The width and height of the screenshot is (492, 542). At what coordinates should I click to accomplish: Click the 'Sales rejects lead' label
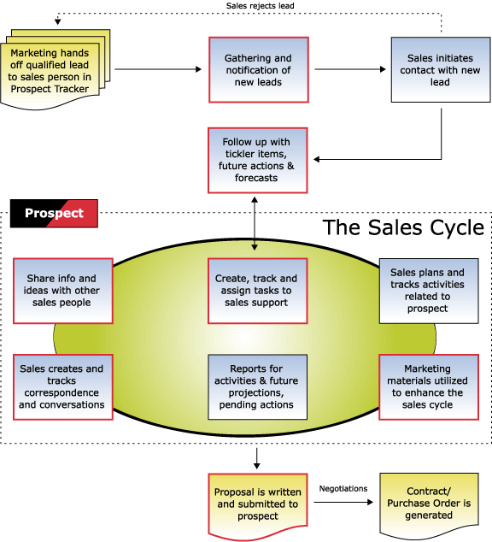tap(260, 6)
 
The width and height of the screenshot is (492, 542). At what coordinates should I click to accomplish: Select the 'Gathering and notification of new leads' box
tap(259, 70)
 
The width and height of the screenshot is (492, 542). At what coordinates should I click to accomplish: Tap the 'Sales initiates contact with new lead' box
tap(441, 70)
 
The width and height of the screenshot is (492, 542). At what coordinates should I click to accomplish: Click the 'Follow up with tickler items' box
tap(258, 161)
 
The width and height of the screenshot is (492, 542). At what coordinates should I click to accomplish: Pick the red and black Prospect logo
tap(54, 213)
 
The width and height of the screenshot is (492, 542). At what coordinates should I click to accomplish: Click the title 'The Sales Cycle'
tap(403, 227)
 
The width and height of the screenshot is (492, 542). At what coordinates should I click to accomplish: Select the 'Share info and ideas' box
tap(63, 291)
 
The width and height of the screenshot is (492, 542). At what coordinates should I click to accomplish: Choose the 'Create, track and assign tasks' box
tap(258, 291)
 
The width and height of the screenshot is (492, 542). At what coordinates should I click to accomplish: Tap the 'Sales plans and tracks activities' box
tap(429, 291)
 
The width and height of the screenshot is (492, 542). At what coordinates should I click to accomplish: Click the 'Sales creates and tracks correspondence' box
tap(63, 387)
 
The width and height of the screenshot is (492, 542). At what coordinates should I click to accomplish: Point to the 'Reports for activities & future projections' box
tap(258, 387)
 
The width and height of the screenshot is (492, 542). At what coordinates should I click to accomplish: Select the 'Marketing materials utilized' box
tap(429, 387)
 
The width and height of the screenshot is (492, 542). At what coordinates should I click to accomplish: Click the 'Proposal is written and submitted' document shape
tap(258, 504)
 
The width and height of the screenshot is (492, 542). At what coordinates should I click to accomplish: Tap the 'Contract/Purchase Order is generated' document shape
tap(429, 504)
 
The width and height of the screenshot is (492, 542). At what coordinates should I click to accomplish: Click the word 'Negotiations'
tap(343, 488)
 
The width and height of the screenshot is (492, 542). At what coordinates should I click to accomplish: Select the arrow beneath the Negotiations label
tap(343, 503)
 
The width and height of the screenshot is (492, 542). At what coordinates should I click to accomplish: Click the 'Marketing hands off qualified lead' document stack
tap(56, 69)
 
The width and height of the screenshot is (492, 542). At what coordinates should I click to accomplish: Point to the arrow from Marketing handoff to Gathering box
tap(158, 69)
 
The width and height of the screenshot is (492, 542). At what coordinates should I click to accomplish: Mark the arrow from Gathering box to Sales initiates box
tap(350, 69)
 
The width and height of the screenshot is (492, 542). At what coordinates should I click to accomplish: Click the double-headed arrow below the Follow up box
tap(255, 223)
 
